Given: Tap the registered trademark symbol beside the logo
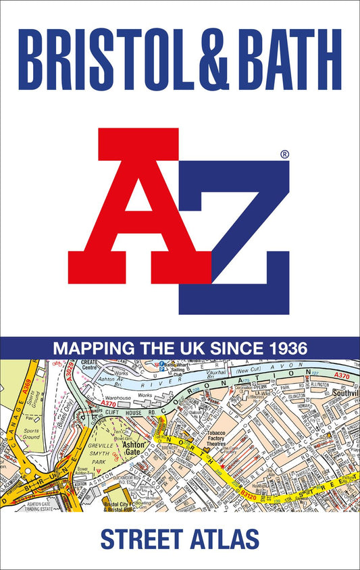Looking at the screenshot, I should [284, 155].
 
